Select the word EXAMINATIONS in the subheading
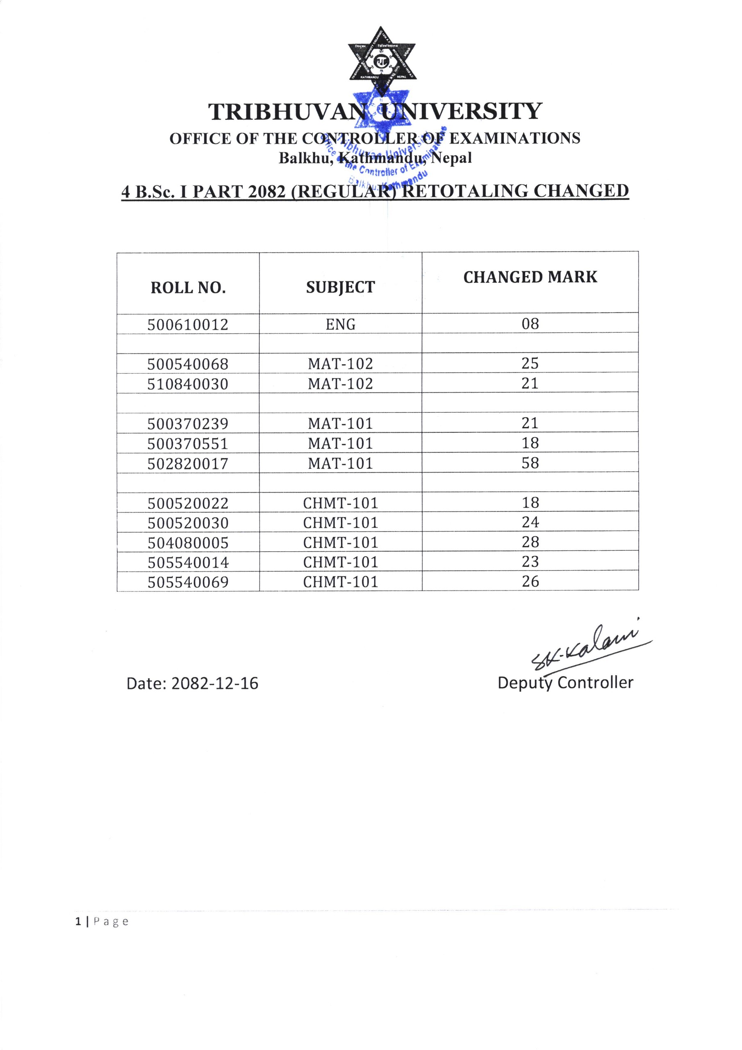(515, 138)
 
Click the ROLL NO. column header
(188, 288)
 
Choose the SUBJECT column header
(340, 287)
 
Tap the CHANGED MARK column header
(530, 277)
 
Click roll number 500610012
(187, 325)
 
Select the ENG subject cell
(340, 324)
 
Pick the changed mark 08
(530, 324)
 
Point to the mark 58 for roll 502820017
(530, 463)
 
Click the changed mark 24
(530, 522)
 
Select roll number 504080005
(187, 543)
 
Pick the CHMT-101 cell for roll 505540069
(340, 582)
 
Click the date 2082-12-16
(214, 683)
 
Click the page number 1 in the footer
(78, 922)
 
